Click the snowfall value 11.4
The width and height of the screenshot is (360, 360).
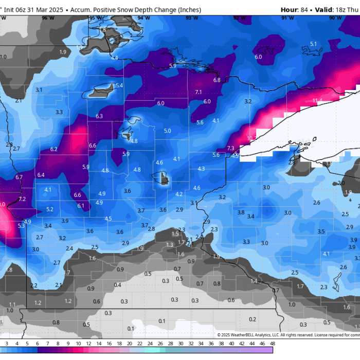[317, 100]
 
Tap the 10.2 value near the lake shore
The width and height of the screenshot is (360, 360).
[251, 138]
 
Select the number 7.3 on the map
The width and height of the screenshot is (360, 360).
[230, 148]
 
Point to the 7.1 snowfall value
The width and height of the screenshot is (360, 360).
[199, 92]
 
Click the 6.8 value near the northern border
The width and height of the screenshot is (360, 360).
[217, 80]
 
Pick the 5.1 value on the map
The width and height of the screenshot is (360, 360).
[313, 44]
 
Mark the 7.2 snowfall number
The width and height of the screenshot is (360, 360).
[22, 199]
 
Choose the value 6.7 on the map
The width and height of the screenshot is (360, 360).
[19, 177]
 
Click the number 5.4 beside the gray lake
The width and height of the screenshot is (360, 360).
[119, 85]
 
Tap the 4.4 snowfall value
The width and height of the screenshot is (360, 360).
[114, 58]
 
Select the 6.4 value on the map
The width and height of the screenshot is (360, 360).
[41, 175]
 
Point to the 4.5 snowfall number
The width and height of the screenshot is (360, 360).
[108, 219]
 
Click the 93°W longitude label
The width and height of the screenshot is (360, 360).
[192, 17]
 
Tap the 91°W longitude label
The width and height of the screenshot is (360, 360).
[288, 17]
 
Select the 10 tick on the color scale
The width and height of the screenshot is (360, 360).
[78, 344]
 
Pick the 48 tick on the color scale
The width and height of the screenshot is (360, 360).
[272, 344]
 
